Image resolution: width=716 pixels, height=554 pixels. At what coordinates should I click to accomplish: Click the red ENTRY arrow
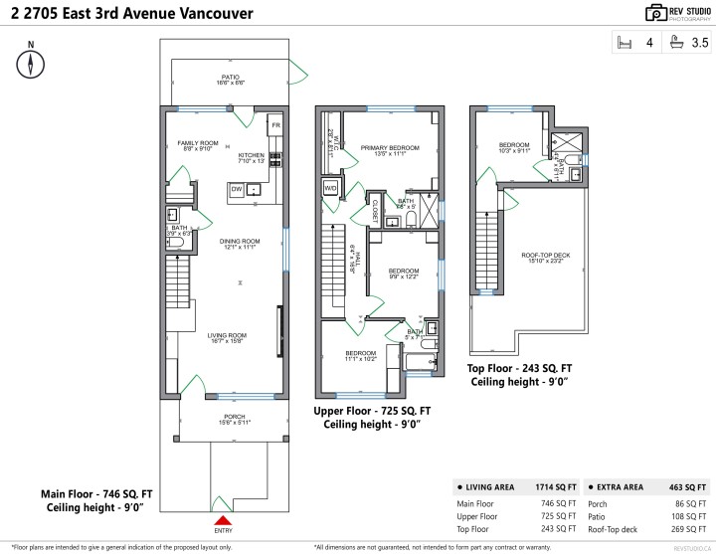pyautogui.click(x=224, y=519)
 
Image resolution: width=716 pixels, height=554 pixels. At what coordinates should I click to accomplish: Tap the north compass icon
pyautogui.click(x=33, y=64)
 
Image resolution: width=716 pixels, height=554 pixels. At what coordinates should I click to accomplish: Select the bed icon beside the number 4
pyautogui.click(x=626, y=43)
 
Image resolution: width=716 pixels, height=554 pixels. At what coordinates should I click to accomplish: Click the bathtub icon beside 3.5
pyautogui.click(x=676, y=43)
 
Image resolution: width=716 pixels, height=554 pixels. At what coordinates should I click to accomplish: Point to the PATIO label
pyautogui.click(x=231, y=78)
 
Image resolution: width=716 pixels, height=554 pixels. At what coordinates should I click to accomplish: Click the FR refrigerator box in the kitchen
pyautogui.click(x=276, y=125)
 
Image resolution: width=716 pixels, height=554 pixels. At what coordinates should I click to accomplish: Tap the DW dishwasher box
pyautogui.click(x=237, y=188)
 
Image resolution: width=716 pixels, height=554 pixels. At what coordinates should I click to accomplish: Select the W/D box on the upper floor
pyautogui.click(x=330, y=186)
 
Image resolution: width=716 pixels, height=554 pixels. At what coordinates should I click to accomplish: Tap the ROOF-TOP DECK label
pyautogui.click(x=546, y=256)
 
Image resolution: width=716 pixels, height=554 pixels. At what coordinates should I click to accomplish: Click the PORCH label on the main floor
pyautogui.click(x=234, y=417)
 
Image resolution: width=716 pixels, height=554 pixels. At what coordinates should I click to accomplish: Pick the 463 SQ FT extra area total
pyautogui.click(x=688, y=487)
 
